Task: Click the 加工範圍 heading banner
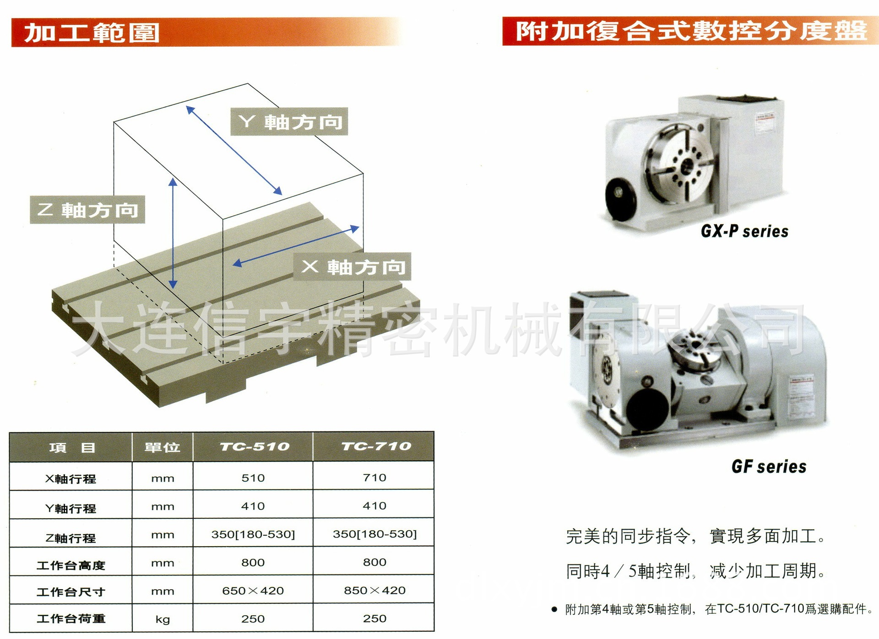92,33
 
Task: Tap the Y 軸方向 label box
289,122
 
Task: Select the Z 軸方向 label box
87,210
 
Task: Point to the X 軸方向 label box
352,267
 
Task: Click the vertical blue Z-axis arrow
173,233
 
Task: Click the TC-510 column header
254,446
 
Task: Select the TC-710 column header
376,446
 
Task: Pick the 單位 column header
162,447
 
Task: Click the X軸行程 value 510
253,478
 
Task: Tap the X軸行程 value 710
374,478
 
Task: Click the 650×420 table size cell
253,591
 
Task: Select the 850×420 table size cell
374,591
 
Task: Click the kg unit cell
163,619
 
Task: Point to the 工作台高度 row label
71,565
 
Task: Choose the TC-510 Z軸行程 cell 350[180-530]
253,534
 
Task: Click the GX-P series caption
744,231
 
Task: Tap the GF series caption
769,467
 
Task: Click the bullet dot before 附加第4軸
554,609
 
